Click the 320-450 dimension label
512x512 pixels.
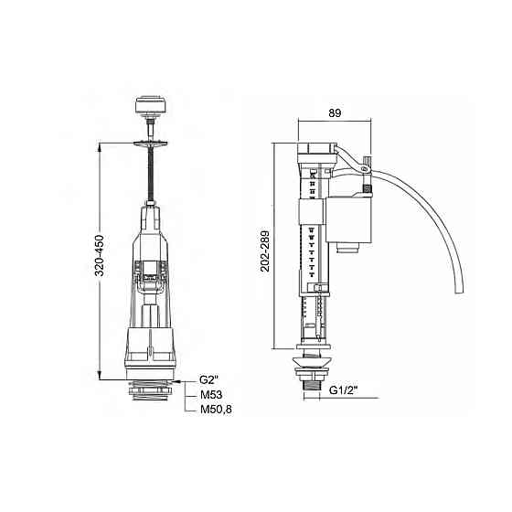[100, 255]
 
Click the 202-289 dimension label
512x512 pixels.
[265, 251]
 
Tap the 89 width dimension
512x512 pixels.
[335, 113]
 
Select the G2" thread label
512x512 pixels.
[208, 379]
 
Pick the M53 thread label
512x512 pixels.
[211, 394]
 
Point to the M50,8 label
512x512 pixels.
[216, 410]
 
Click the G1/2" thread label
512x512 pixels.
[343, 389]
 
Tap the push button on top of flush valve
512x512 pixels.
[150, 104]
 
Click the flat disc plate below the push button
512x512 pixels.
[150, 143]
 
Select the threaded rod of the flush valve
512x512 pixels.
[151, 173]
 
